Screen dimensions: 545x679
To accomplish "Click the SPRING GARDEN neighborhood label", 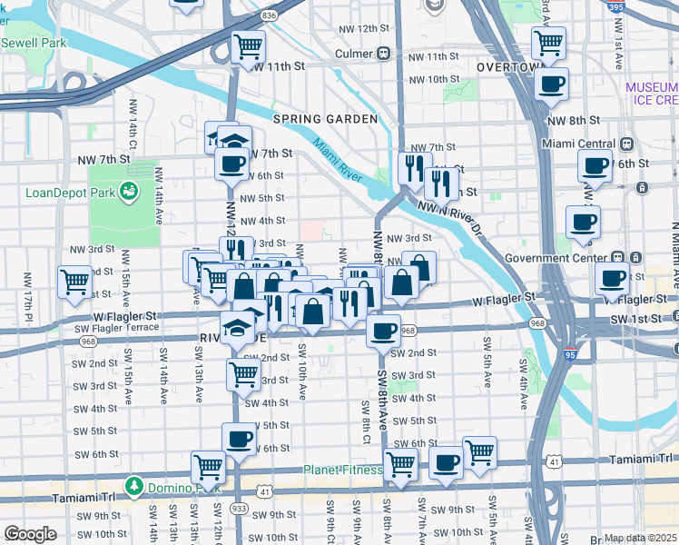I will point(326,119).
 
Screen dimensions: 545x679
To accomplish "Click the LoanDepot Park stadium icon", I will point(129,192).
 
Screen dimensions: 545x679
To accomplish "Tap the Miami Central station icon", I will point(625,144).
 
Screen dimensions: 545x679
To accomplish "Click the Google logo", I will point(30,534).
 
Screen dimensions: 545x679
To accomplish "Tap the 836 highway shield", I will point(269,15).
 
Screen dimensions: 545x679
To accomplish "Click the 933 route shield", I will point(240,508).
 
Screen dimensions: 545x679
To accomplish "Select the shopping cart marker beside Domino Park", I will point(208,468).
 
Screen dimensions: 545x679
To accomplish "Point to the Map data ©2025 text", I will point(640,538).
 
